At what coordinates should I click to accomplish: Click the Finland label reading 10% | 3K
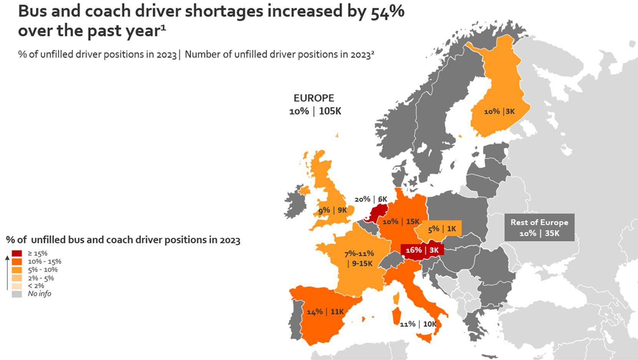point(499,112)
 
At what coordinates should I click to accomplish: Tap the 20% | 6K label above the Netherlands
point(371,199)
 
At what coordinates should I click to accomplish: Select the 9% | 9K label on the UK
point(332,210)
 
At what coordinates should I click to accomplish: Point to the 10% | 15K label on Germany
point(400,222)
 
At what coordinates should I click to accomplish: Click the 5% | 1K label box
point(442,229)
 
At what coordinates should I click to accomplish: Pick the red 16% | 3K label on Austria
point(422,250)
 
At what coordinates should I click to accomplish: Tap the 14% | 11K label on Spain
point(325,312)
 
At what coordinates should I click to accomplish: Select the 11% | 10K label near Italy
point(418,324)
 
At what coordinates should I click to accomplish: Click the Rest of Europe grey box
point(539,228)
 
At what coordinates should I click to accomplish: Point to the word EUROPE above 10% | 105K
point(314,98)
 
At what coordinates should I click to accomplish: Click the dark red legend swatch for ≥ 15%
point(17,253)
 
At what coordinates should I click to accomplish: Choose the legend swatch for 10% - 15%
point(17,262)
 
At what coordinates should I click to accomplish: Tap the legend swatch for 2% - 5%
point(17,278)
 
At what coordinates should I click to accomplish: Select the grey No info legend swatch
point(17,294)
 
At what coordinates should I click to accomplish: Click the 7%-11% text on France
point(359,254)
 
